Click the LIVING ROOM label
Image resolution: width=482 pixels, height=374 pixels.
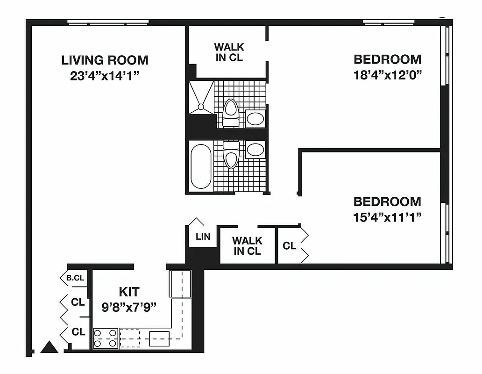pos(105,60)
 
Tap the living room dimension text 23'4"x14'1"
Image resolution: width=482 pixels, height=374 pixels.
pos(105,75)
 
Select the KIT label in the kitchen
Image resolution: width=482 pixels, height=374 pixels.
pos(129,292)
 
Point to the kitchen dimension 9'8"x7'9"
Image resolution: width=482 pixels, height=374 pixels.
pos(129,307)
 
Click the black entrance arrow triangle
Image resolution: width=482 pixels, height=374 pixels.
pos(49,347)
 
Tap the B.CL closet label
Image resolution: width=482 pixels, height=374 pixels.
pos(75,278)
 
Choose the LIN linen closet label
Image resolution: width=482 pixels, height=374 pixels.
pos(203,237)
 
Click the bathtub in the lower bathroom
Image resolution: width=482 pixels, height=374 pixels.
pos(201,166)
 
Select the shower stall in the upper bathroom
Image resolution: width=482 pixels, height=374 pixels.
pos(201,97)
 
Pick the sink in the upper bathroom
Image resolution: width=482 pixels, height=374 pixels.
pos(255,118)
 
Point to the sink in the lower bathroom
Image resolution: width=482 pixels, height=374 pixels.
pos(255,150)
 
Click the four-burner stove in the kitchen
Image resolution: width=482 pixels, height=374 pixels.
pos(105,338)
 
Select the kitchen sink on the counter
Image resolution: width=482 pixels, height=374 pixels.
pos(159,338)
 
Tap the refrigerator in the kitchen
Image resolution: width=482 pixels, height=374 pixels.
pos(180,284)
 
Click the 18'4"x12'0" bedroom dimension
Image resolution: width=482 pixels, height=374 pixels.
pos(387,75)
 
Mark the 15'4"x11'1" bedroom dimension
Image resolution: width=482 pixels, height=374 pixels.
pos(387,217)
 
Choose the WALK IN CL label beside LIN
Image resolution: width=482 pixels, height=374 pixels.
pos(248,246)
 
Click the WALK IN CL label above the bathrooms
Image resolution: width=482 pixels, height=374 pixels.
pos(229,52)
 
